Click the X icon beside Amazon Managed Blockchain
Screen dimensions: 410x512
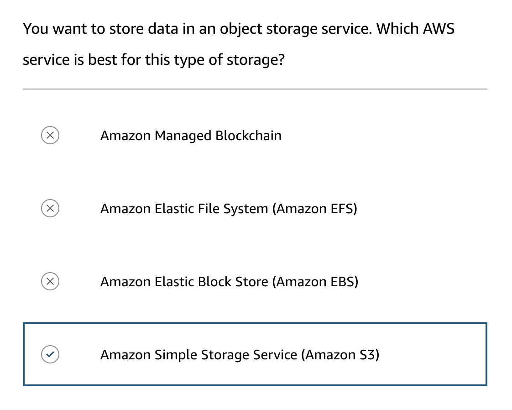point(50,136)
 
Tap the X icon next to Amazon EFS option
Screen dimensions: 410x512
point(50,209)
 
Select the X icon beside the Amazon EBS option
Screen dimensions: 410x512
point(50,282)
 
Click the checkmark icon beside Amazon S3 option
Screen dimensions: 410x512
point(50,354)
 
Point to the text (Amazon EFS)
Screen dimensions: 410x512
point(314,209)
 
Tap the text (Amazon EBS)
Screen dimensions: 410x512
point(315,282)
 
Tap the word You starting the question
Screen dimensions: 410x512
point(36,29)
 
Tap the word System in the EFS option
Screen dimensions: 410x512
point(246,209)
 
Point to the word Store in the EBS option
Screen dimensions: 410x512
point(251,282)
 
